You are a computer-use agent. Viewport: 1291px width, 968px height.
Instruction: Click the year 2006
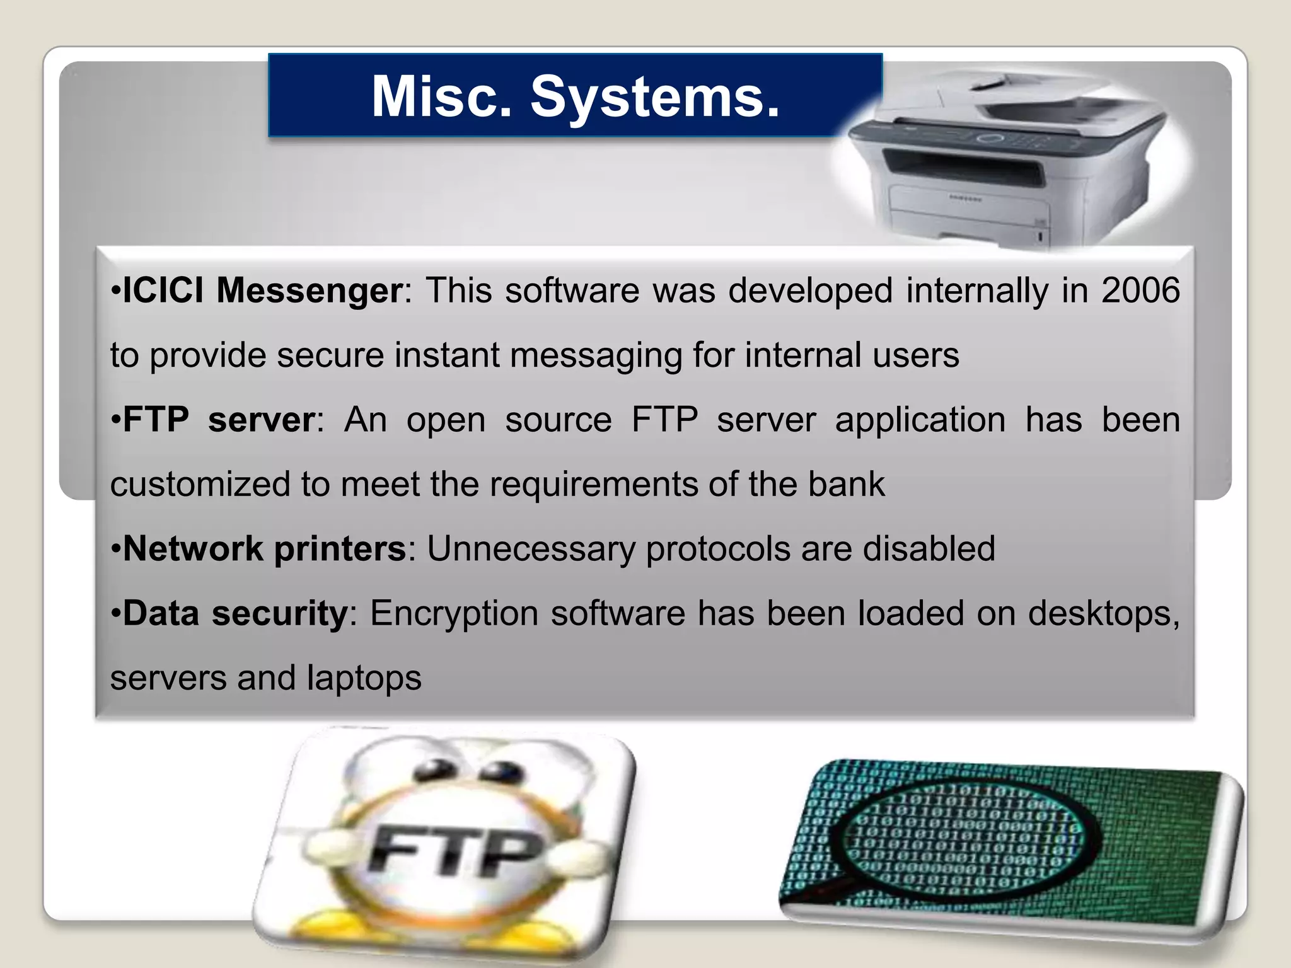point(1140,291)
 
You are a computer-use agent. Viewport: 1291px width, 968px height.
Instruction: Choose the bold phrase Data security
point(235,613)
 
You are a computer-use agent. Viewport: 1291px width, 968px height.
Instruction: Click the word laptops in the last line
point(364,678)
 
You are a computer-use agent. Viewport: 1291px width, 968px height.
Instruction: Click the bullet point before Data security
point(115,614)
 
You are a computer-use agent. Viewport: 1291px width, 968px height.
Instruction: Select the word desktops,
point(1104,613)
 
